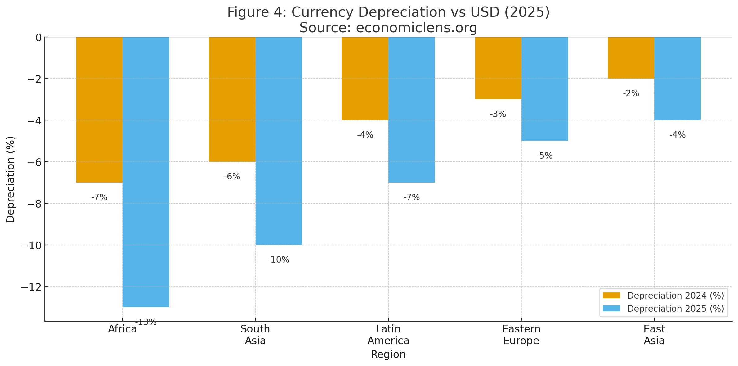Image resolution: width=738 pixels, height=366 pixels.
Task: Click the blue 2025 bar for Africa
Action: (x=146, y=172)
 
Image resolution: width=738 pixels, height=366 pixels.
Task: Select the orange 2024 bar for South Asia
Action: (x=232, y=99)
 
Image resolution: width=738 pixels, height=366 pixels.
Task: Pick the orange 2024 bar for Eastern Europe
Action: (x=498, y=68)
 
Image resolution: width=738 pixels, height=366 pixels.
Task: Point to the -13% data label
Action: (x=146, y=322)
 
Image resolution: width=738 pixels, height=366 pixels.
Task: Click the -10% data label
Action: (x=278, y=260)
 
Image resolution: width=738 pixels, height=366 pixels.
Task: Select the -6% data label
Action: (x=232, y=177)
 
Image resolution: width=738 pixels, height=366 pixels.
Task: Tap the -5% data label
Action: (x=544, y=156)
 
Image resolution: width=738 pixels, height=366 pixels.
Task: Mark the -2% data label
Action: (x=631, y=93)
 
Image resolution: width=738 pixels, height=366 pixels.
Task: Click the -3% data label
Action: (x=498, y=114)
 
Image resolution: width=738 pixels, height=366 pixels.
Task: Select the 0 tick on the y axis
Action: (x=38, y=38)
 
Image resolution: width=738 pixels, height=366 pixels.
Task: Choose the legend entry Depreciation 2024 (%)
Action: (x=675, y=296)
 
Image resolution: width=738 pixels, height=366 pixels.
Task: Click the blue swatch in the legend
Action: (x=611, y=309)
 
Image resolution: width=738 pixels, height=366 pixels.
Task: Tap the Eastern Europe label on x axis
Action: (x=521, y=335)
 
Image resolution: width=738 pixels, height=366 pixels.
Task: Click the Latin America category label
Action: (x=388, y=335)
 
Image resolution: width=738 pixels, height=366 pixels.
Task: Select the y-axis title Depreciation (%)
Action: (x=11, y=179)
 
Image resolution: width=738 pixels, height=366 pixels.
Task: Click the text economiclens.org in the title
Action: (x=416, y=28)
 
